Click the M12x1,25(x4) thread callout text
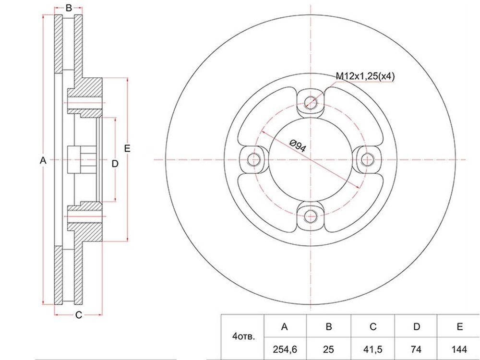click(x=365, y=76)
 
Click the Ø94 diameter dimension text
click(x=297, y=145)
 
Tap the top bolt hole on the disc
click(x=311, y=102)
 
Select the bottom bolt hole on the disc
click(x=311, y=217)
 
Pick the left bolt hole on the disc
click(x=253, y=159)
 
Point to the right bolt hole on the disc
click(x=367, y=159)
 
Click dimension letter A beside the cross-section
click(x=43, y=160)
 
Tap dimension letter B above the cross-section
click(x=69, y=8)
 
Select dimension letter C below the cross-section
click(x=79, y=315)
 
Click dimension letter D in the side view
click(x=115, y=164)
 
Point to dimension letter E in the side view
click(x=127, y=148)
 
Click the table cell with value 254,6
click(x=285, y=349)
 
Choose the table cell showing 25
click(x=328, y=349)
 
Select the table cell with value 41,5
click(x=373, y=349)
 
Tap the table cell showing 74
click(x=416, y=349)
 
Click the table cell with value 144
click(x=459, y=349)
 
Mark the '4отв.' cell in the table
click(x=243, y=337)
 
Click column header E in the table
click(x=459, y=326)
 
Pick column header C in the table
click(x=373, y=326)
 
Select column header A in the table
click(x=285, y=326)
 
